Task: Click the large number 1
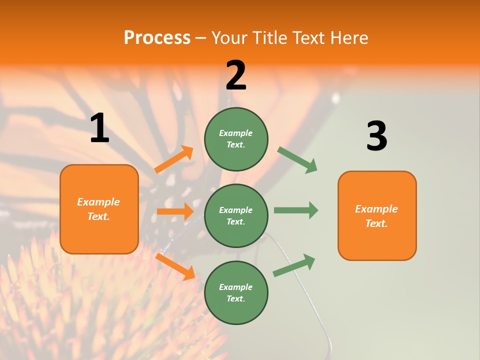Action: [x=99, y=128]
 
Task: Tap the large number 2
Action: [x=236, y=75]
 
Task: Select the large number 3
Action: [x=376, y=136]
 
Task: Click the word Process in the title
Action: [x=157, y=37]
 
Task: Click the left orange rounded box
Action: [x=99, y=209]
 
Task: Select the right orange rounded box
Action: [x=377, y=215]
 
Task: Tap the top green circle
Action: [x=236, y=139]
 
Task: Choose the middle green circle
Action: [x=236, y=215]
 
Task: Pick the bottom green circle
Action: [x=236, y=292]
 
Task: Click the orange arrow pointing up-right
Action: [x=174, y=159]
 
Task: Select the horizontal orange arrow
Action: [x=175, y=211]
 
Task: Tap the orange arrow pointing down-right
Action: [x=175, y=266]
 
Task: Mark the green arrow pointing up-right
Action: [x=294, y=265]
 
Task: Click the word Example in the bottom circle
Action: [x=236, y=287]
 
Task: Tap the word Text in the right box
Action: [x=376, y=223]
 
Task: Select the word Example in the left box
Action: [x=98, y=202]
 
